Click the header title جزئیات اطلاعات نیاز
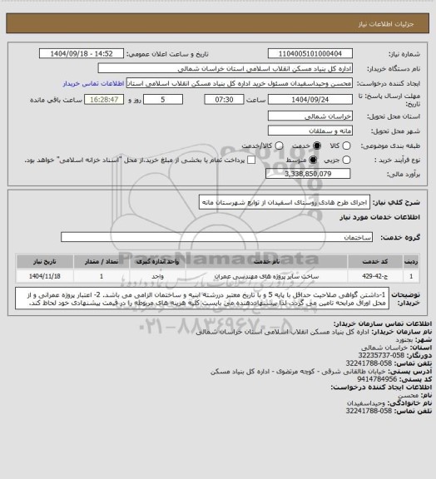[394, 8]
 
